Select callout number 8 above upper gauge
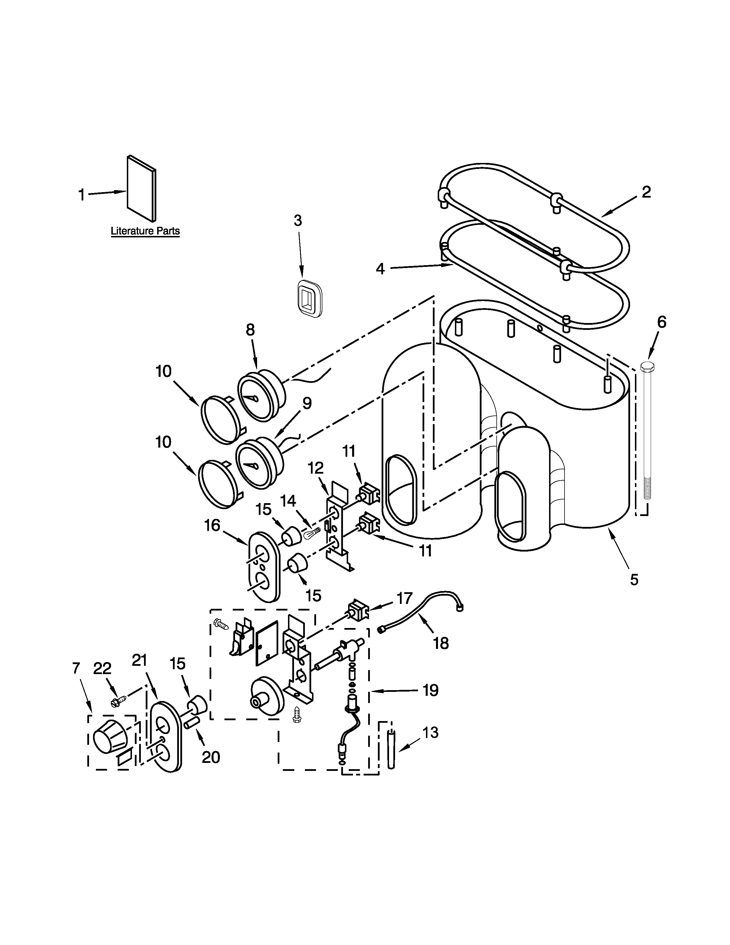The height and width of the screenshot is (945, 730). tap(250, 330)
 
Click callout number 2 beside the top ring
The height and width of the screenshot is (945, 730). tap(646, 192)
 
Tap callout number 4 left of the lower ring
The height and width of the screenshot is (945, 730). tap(380, 269)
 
